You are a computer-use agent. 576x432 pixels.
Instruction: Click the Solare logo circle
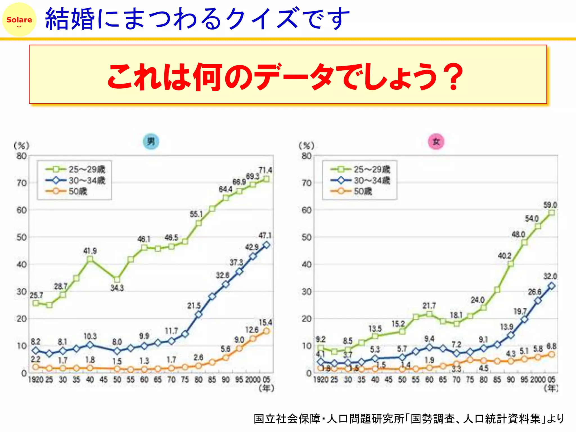click(19, 19)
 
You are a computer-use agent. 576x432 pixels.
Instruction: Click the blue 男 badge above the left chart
click(151, 141)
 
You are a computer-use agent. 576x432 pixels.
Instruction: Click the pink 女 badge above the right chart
click(436, 141)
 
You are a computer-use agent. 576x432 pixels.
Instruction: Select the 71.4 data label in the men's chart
click(265, 170)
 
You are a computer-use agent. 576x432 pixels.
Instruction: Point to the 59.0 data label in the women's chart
click(550, 205)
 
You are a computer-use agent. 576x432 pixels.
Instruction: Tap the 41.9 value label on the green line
click(90, 251)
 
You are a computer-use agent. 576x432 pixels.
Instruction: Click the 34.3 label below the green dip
click(117, 288)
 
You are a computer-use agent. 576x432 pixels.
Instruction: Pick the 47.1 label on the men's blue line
click(265, 235)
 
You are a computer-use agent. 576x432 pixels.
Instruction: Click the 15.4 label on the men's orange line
click(265, 322)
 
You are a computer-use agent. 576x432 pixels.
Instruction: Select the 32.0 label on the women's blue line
click(550, 276)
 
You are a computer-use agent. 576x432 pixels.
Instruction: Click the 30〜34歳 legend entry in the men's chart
click(75, 180)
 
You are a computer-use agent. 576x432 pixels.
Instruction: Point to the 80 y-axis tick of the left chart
click(21, 156)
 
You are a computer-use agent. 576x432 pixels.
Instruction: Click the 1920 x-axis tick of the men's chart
click(36, 380)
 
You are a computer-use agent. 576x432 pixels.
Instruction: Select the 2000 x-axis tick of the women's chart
click(538, 380)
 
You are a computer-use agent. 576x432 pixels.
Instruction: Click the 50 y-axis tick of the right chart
click(306, 237)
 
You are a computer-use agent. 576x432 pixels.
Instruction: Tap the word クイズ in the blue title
click(263, 19)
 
